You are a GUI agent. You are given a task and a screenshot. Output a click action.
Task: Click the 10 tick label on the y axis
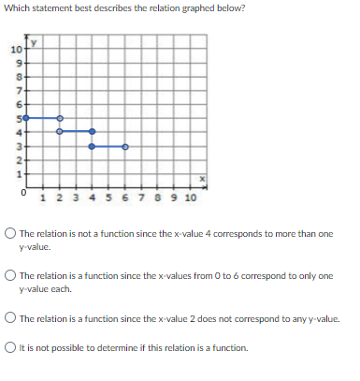pyautogui.click(x=16, y=49)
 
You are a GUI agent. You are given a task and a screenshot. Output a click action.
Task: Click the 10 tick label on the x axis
pyautogui.click(x=189, y=198)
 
